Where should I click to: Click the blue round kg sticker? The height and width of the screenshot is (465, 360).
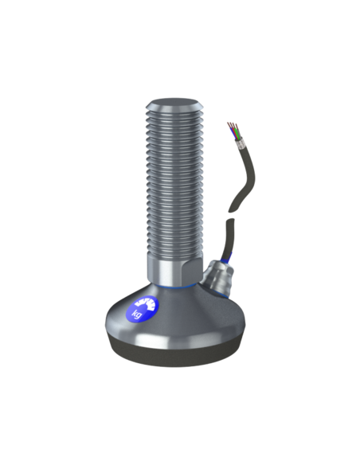pos(143,309)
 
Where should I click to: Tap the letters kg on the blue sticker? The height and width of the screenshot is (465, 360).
pos(137,314)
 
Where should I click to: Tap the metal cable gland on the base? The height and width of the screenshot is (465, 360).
pos(218,276)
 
